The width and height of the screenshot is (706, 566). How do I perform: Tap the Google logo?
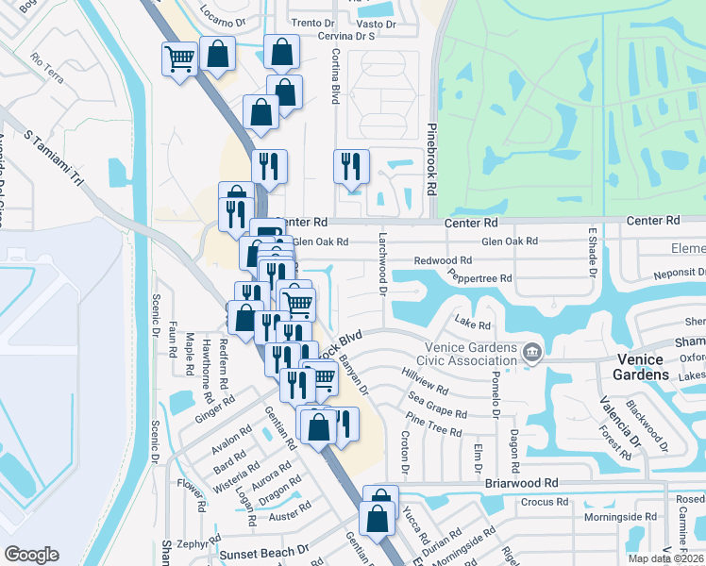click(x=31, y=555)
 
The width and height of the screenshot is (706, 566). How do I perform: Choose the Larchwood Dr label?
click(x=383, y=263)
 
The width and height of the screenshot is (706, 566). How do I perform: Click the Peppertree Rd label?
click(x=479, y=278)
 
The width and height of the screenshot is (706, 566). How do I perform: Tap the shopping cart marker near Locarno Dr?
click(x=179, y=59)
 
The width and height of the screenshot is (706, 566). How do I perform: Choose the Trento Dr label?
click(x=313, y=22)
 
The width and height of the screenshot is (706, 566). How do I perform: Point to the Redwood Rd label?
click(x=443, y=259)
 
